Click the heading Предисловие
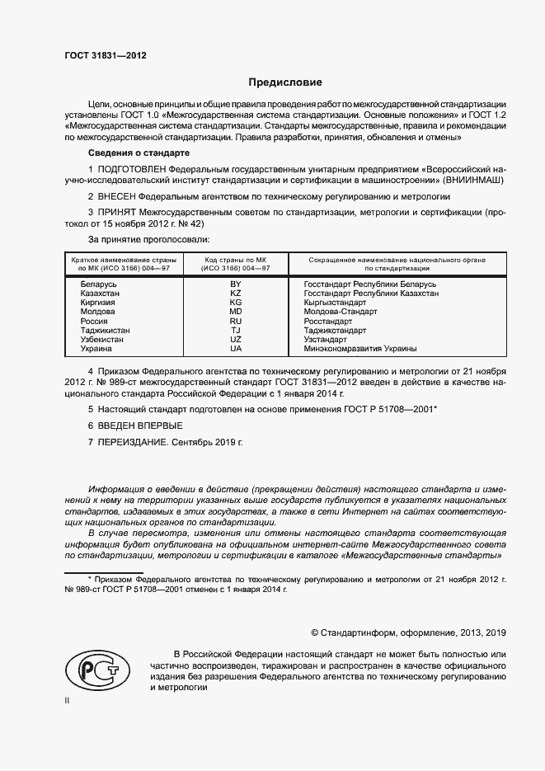pyautogui.click(x=284, y=82)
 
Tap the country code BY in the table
pyautogui.click(x=236, y=284)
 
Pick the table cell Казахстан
pyautogui.click(x=99, y=294)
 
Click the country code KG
pyautogui.click(x=236, y=303)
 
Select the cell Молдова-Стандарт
pyautogui.click(x=340, y=312)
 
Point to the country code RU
pyautogui.click(x=236, y=321)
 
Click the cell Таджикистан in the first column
pyautogui.click(x=105, y=330)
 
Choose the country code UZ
pyautogui.click(x=236, y=339)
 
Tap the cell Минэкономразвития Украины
pyautogui.click(x=359, y=348)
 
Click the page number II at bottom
pyautogui.click(x=68, y=700)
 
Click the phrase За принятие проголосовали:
pyautogui.click(x=148, y=239)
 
